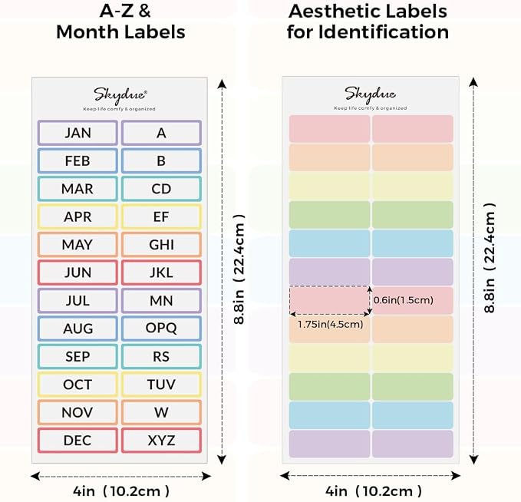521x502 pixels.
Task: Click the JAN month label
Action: [x=77, y=133]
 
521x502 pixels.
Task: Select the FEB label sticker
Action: [x=77, y=161]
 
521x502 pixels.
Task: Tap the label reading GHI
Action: [x=161, y=245]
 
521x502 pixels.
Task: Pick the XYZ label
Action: [x=161, y=441]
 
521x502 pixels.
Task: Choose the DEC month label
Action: [x=77, y=441]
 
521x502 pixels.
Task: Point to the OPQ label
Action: [x=161, y=329]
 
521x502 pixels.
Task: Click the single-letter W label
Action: [x=161, y=412]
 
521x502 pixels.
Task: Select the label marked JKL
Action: [x=161, y=272]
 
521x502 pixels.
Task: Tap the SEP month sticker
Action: [x=77, y=357]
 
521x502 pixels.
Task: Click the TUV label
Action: [x=161, y=385]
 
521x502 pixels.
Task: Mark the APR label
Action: [x=77, y=216]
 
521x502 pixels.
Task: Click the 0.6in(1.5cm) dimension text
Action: [x=404, y=300]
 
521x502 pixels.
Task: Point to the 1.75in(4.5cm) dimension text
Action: [x=330, y=324]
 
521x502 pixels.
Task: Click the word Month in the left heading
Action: [x=87, y=32]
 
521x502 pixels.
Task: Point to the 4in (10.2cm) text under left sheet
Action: [x=121, y=491]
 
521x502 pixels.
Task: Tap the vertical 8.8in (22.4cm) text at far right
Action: [x=490, y=258]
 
